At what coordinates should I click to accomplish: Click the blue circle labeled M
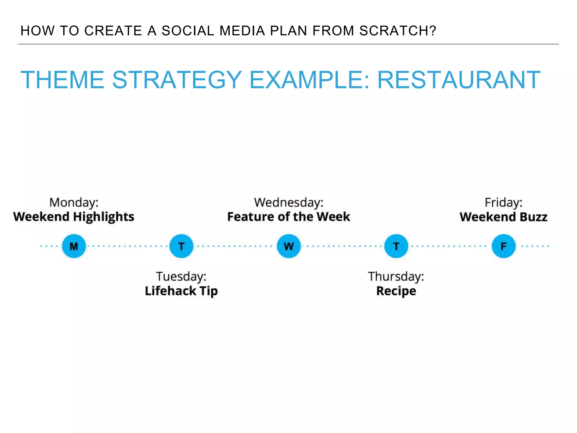[x=74, y=246]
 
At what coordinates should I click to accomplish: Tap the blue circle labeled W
[x=289, y=246]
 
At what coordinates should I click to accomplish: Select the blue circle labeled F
[x=504, y=246]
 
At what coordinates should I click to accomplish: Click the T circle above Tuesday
[x=181, y=246]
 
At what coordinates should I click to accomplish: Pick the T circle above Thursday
[x=396, y=246]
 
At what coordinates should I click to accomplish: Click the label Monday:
[x=74, y=203]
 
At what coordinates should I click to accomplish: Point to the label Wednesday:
[x=289, y=203]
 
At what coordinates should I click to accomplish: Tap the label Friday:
[x=504, y=203]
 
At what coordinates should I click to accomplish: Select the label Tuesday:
[x=181, y=277]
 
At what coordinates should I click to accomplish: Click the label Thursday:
[x=396, y=277]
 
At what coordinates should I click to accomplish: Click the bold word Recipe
[x=396, y=291]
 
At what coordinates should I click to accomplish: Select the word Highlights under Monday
[x=104, y=217]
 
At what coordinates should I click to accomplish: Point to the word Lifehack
[x=170, y=291]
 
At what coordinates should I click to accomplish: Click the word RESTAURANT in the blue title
[x=459, y=80]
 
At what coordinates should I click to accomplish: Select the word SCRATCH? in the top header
[x=398, y=31]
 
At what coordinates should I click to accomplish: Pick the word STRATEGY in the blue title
[x=177, y=80]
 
